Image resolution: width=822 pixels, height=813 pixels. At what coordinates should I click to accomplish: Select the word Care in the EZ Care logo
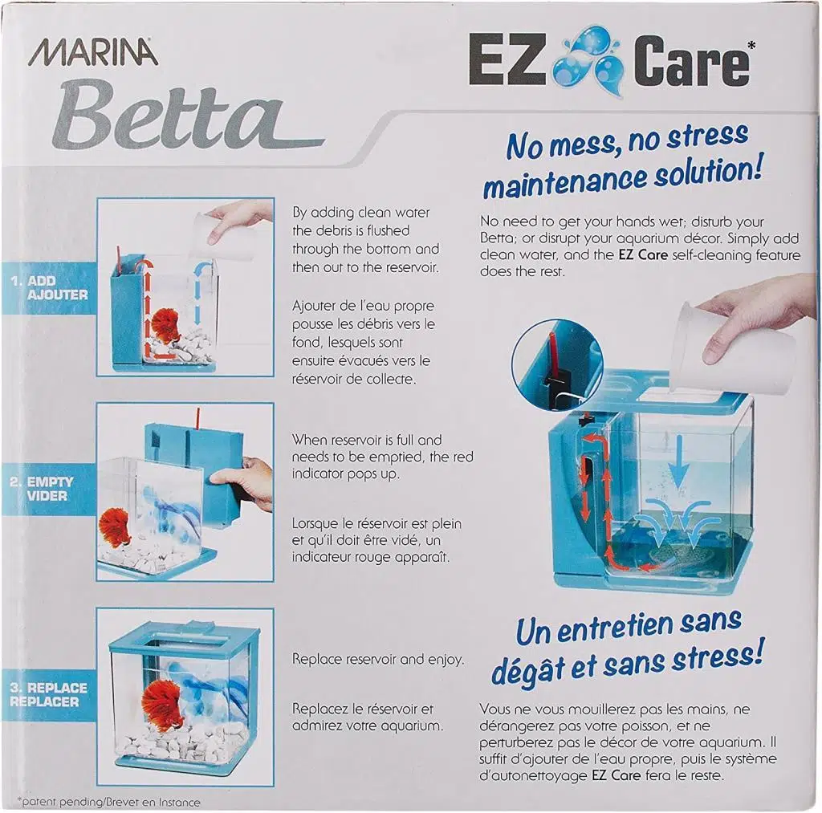691,61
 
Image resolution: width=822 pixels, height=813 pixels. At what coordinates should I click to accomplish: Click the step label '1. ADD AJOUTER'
50,288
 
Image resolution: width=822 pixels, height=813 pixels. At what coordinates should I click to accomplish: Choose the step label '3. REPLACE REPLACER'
48,694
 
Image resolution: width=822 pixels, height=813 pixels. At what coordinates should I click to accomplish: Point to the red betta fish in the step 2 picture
113,526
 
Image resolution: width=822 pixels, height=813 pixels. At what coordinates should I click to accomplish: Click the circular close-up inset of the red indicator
557,366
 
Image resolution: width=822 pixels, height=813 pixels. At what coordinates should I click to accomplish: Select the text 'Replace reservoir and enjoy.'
378,659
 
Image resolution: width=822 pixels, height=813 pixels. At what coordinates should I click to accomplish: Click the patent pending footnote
109,802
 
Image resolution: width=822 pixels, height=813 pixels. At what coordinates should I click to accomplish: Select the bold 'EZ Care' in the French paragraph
616,775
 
